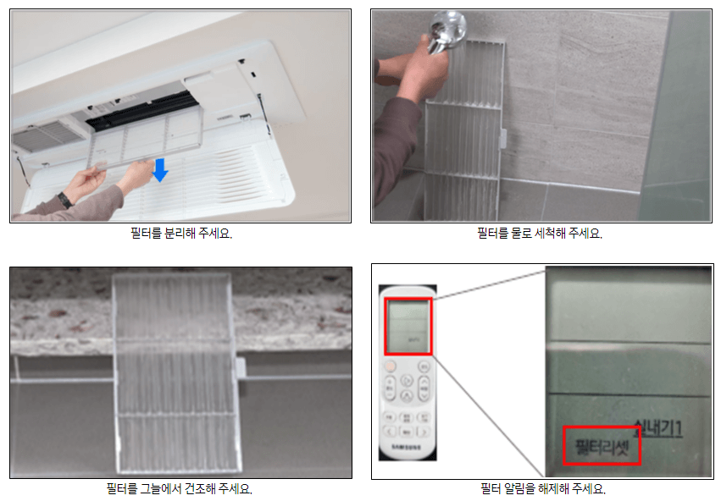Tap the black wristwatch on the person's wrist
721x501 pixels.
click(64, 200)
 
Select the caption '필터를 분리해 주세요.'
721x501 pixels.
click(180, 234)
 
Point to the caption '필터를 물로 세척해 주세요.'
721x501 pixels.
click(540, 234)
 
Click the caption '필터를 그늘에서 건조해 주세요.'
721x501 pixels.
click(180, 488)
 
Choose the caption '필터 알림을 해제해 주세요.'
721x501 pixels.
click(543, 488)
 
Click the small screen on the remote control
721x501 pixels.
click(408, 326)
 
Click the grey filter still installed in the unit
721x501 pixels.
click(47, 135)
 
